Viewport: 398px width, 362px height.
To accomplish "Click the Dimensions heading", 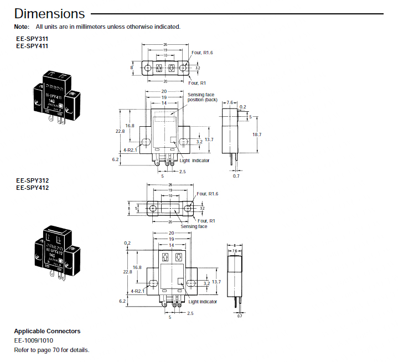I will [49, 13].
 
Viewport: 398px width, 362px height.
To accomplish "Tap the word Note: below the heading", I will [22, 27].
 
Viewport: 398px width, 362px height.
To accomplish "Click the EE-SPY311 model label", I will [32, 39].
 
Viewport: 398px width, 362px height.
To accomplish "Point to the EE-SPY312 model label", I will [32, 180].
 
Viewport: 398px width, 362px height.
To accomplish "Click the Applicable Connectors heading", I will [47, 331].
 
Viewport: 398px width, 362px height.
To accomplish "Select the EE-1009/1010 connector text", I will [34, 340].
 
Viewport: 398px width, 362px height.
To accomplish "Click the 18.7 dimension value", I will [257, 135].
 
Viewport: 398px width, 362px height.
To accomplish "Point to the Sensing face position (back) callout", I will [203, 97].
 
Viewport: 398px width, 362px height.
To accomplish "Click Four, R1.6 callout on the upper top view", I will [203, 53].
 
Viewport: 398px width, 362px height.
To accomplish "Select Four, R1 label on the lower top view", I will [206, 220].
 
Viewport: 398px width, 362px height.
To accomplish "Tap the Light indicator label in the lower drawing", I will [203, 302].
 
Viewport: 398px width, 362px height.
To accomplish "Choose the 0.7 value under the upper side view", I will [236, 175].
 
